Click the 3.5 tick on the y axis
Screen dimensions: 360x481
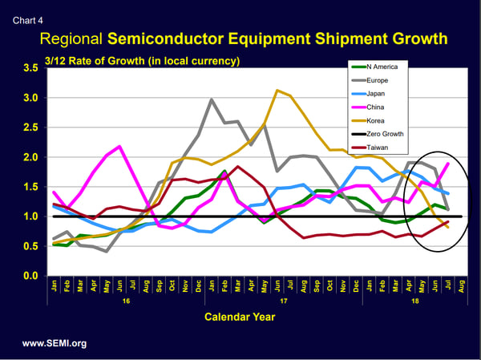[30, 69]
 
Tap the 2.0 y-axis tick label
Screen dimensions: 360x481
[30, 158]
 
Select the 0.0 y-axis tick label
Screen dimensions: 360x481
[30, 277]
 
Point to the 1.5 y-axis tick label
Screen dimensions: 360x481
[30, 188]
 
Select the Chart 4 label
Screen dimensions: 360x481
[26, 12]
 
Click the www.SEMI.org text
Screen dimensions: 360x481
[55, 343]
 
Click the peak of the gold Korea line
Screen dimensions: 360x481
[277, 91]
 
